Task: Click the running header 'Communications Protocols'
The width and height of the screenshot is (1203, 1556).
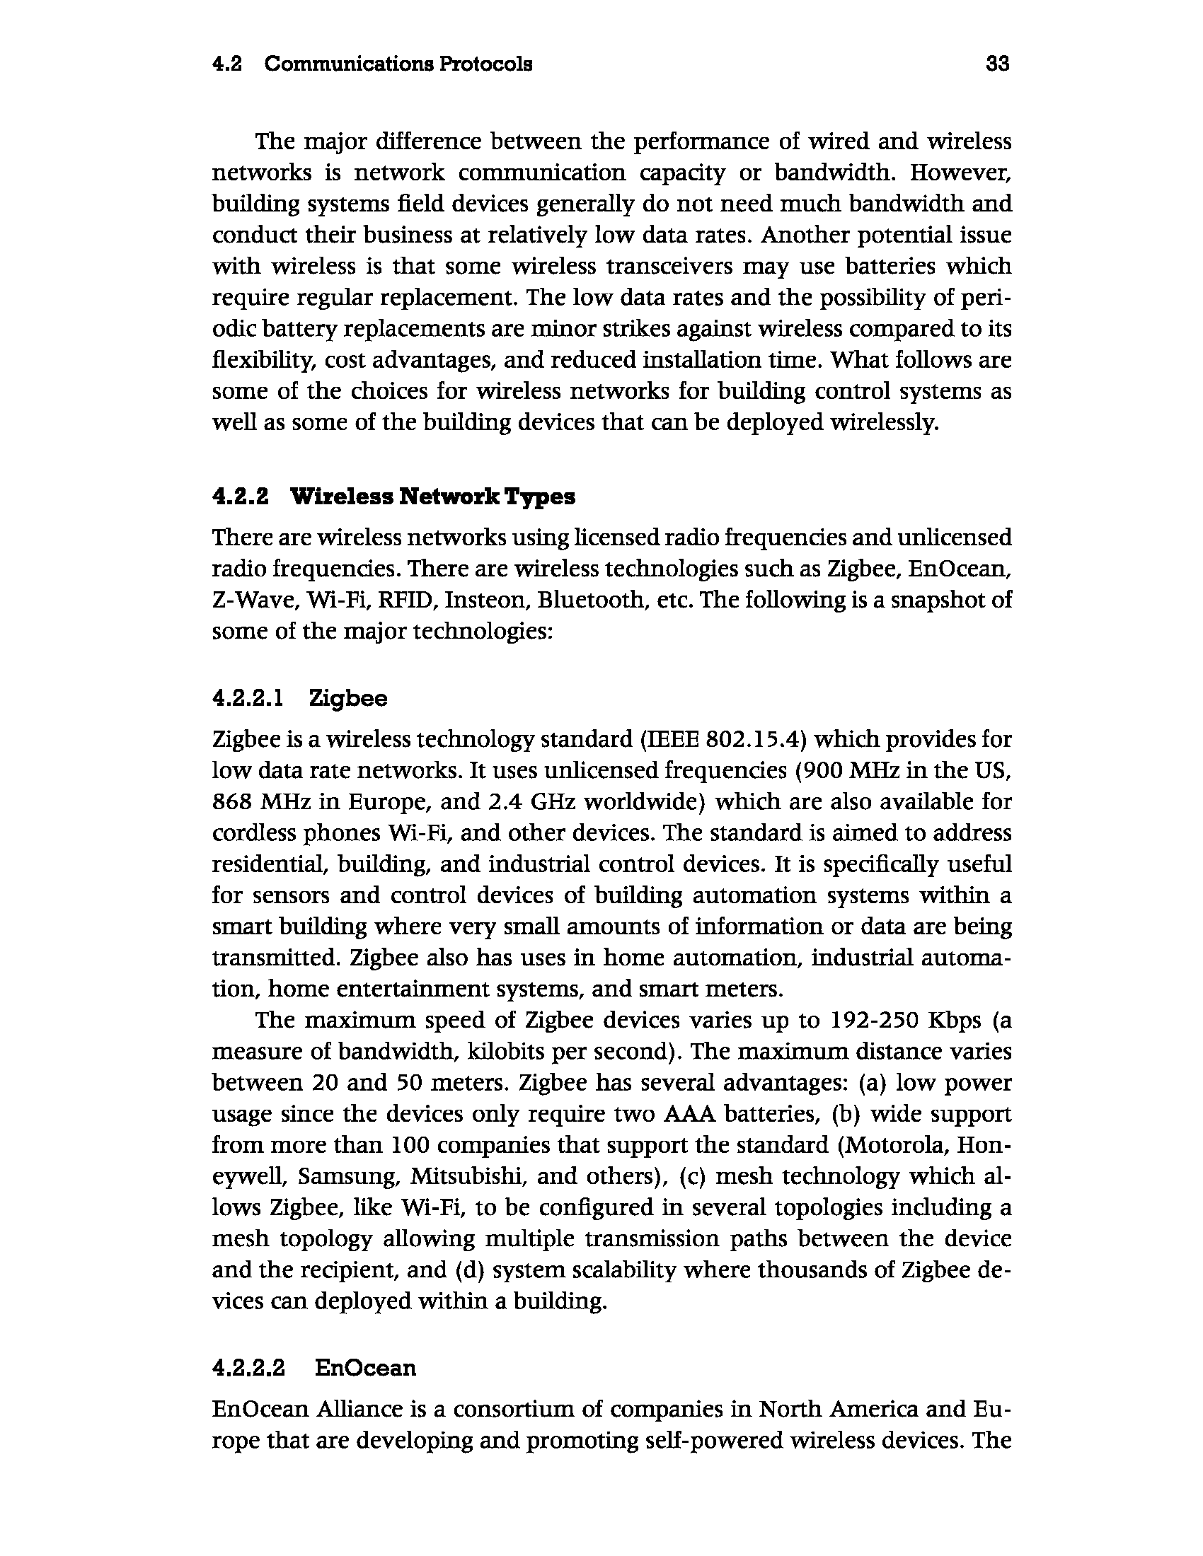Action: point(398,65)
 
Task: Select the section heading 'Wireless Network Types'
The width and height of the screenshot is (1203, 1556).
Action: point(432,497)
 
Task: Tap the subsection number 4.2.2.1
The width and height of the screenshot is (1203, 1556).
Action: point(248,698)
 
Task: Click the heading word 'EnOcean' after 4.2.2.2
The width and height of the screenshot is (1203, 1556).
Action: point(365,1368)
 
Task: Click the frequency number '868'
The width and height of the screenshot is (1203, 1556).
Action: point(233,802)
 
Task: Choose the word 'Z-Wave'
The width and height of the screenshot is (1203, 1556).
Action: point(249,600)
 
